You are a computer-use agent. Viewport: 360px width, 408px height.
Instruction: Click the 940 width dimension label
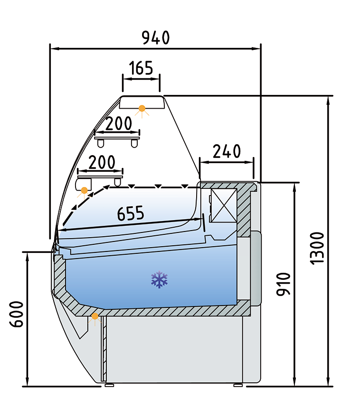(156, 37)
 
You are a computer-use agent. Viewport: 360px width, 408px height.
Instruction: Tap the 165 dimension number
(141, 68)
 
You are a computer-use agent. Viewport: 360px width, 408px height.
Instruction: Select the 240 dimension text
(227, 151)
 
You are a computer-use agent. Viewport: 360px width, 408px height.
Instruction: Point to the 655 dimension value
(130, 213)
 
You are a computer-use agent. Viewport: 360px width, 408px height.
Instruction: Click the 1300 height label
(317, 249)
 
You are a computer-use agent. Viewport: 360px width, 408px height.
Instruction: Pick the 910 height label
(283, 284)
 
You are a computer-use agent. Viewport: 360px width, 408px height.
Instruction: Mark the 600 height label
(17, 314)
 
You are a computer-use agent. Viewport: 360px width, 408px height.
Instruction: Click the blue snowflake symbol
(160, 279)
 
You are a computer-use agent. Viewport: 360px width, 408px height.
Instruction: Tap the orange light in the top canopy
(142, 108)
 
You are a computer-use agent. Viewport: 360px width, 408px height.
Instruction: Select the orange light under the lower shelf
(84, 190)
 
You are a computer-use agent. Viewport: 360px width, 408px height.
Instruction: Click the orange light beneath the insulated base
(95, 316)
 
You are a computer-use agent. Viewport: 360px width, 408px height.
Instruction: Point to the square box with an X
(224, 205)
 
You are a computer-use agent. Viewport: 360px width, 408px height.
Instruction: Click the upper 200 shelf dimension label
(119, 123)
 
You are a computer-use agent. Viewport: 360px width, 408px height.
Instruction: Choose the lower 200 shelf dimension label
(102, 162)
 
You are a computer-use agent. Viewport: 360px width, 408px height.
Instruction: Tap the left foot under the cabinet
(109, 385)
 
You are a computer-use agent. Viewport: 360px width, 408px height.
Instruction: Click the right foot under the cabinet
(238, 385)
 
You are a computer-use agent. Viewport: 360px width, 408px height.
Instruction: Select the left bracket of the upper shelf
(101, 143)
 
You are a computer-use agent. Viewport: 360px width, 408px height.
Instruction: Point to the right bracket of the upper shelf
(134, 143)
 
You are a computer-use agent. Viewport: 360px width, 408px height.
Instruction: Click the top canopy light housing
(142, 102)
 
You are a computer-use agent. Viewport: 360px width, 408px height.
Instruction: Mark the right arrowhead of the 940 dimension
(256, 48)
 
